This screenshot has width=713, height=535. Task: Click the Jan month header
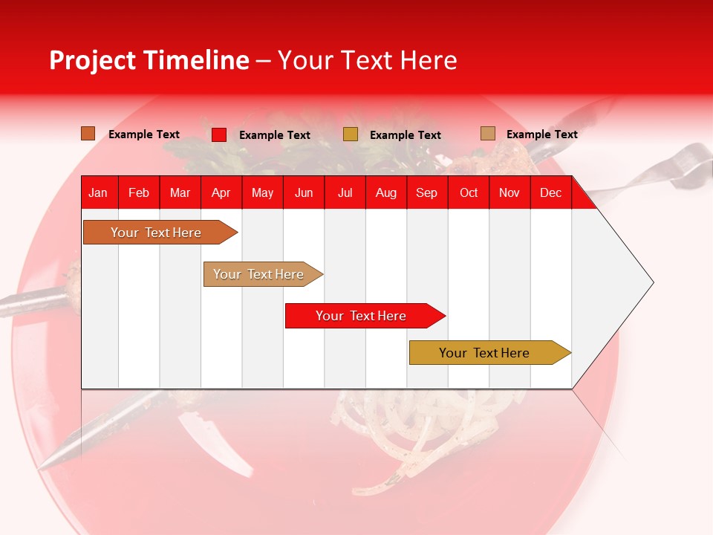(98, 192)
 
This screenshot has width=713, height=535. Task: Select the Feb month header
(139, 192)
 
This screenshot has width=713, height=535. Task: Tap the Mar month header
(180, 192)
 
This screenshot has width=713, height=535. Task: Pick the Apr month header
(221, 192)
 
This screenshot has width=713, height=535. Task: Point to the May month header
(262, 192)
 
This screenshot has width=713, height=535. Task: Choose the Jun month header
(304, 192)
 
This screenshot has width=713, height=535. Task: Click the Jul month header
(345, 192)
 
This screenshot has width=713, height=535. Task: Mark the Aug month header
(386, 192)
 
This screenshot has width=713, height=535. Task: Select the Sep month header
(427, 192)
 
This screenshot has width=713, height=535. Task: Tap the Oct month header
(469, 192)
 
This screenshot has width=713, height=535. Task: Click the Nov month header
(509, 192)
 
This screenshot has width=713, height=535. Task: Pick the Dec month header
(550, 192)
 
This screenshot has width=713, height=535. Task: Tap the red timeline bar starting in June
(362, 316)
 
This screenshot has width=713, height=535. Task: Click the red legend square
(219, 134)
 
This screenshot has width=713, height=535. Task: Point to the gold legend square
(351, 134)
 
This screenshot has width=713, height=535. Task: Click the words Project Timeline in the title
(149, 60)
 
